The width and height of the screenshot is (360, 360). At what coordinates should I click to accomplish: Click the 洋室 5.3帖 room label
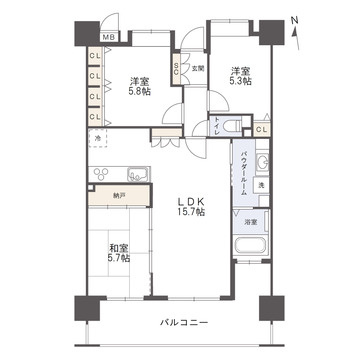coord(237,76)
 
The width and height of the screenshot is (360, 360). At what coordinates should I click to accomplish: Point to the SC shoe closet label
coord(177,69)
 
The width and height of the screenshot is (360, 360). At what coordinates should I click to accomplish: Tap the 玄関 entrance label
coord(197,69)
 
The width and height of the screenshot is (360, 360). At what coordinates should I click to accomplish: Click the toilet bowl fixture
coord(232,126)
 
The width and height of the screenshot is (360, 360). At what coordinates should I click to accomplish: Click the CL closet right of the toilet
coord(262,129)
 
